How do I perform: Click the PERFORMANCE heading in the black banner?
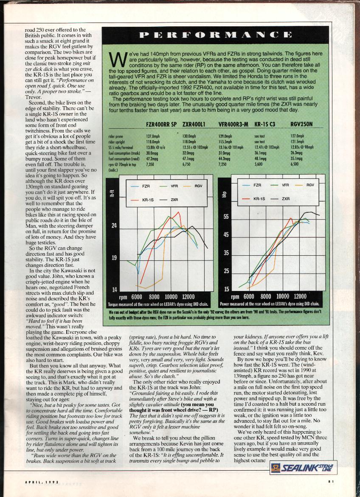click(x=216, y=34)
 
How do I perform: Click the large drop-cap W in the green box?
click(x=114, y=58)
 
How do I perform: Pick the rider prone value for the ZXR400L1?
click(x=189, y=136)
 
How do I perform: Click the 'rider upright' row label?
click(x=117, y=141)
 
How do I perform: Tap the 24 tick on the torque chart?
click(x=114, y=226)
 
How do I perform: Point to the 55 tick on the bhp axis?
click(x=226, y=217)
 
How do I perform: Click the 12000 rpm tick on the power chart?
click(x=300, y=296)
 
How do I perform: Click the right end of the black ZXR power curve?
click(x=319, y=215)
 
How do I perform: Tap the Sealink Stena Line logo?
click(x=304, y=468)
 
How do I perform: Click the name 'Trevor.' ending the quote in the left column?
click(x=34, y=97)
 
